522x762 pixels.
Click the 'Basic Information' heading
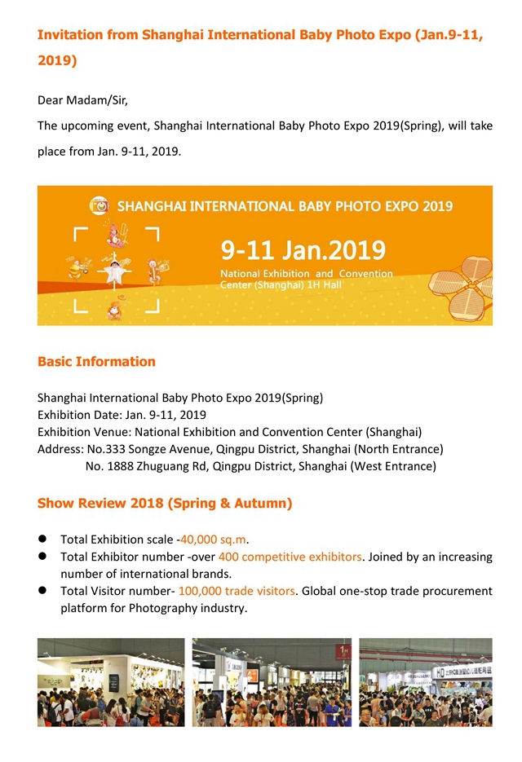96,361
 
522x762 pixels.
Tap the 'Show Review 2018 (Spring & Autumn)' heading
165,503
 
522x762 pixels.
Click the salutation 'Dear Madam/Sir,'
82,101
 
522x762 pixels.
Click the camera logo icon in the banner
100,206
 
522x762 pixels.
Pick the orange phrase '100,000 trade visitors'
237,591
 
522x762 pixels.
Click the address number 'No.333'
104,449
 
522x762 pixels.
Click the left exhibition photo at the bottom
111,682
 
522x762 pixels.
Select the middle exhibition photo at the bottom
272,682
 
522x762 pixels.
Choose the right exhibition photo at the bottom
426,682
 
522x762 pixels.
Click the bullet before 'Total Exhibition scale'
42,540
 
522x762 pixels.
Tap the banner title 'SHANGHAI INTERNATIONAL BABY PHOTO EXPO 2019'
285,206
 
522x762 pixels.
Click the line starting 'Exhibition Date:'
122,415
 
